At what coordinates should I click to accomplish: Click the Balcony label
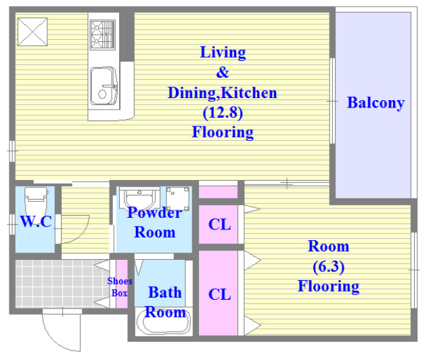coord(375,103)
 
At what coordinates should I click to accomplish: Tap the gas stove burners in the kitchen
coord(102,35)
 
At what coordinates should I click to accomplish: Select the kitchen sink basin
coord(104,86)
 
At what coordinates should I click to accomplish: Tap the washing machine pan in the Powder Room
coord(177,199)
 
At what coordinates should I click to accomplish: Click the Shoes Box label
coord(120,287)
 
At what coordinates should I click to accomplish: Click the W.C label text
coord(36,221)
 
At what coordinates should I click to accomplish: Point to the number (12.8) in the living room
coord(223,112)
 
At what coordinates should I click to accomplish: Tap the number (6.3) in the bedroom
coord(328,267)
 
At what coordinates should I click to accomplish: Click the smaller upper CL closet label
coord(219,225)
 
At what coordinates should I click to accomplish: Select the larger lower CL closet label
coord(219,294)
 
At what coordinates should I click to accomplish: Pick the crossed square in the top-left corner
coord(32,32)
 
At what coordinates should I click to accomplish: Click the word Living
coord(223,53)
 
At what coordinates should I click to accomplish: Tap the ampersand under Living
coord(223,72)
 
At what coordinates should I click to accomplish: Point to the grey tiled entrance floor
coord(60,284)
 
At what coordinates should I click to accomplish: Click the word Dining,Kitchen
coord(223,93)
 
